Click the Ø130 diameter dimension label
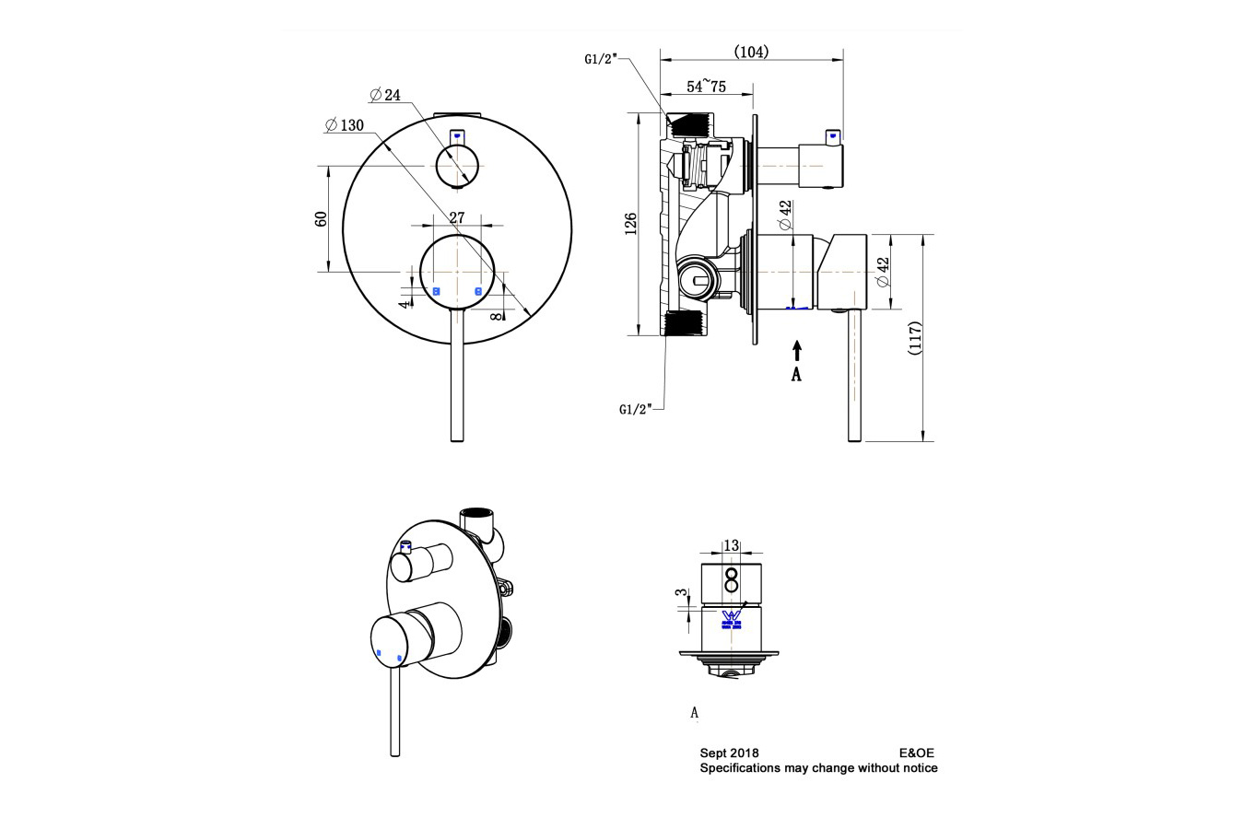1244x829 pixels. tap(345, 125)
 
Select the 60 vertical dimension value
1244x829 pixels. tap(322, 219)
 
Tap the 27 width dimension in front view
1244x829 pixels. tap(456, 217)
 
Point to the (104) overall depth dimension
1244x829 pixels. tap(751, 52)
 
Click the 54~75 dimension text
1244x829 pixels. tap(707, 87)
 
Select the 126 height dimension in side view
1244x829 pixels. tap(631, 224)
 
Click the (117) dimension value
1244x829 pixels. tap(914, 338)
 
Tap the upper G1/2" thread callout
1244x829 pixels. tap(600, 59)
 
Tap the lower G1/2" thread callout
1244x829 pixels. tap(636, 408)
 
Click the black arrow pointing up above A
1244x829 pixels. tap(797, 351)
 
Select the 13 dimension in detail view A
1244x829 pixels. tap(731, 545)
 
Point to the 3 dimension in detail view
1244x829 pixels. tap(682, 594)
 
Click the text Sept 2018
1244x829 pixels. tap(729, 753)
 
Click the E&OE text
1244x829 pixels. tap(916, 753)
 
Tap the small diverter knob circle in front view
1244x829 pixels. tap(456, 166)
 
